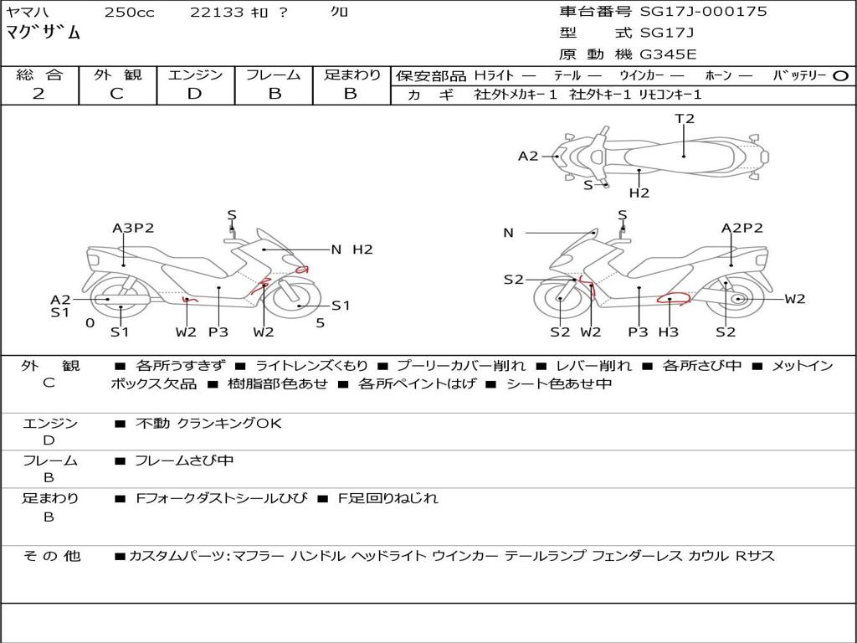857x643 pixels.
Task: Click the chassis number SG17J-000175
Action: point(703,12)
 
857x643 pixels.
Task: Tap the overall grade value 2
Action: point(38,94)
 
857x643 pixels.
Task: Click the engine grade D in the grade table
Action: point(194,94)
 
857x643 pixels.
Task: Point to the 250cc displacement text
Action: point(130,12)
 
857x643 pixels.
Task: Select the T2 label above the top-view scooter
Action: point(685,119)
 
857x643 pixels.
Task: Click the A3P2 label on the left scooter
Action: point(133,228)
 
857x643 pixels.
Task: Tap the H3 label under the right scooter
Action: point(669,332)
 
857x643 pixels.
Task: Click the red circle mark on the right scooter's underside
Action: point(673,299)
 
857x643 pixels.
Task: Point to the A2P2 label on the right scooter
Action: point(742,228)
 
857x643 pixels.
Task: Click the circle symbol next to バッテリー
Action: point(840,76)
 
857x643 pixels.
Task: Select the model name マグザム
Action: point(44,33)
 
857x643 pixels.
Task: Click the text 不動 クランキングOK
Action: point(208,423)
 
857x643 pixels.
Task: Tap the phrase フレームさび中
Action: point(184,461)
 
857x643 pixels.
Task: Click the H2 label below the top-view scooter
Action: point(639,193)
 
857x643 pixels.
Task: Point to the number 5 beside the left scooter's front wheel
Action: point(321,323)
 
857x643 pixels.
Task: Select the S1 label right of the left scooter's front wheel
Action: point(341,306)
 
